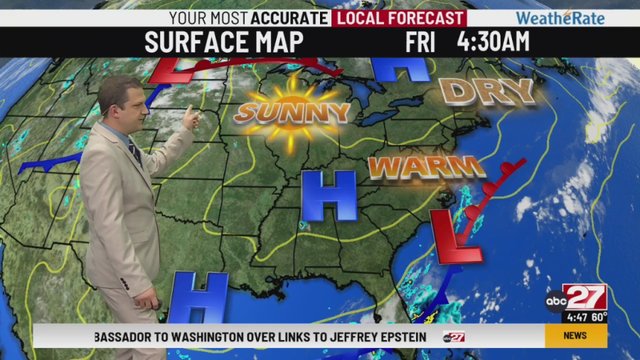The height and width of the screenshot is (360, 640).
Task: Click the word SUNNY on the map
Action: [293, 112]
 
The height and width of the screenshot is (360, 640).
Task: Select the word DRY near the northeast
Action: [487, 91]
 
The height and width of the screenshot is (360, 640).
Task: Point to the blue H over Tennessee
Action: [329, 196]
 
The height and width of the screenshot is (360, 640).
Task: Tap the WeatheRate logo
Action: [560, 18]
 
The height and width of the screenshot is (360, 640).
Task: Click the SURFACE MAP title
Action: [224, 43]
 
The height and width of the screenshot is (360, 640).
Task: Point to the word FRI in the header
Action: [420, 43]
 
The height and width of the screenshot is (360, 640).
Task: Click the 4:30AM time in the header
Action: [493, 43]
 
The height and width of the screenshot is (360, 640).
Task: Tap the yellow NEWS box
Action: [575, 336]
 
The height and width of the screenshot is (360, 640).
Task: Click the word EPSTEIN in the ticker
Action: [395, 337]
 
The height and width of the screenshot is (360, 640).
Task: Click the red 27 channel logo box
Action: [585, 297]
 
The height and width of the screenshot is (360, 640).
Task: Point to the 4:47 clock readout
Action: [575, 317]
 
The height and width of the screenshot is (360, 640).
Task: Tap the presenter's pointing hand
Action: [191, 118]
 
